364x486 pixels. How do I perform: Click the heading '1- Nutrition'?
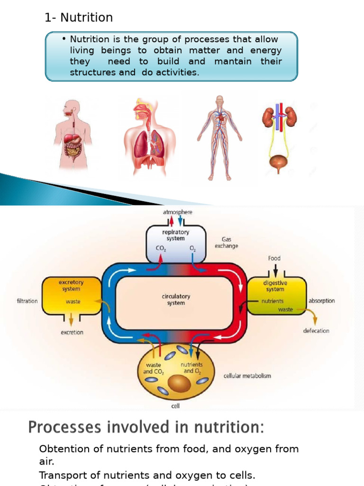point(78,18)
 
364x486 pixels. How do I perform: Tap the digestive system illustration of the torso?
point(72,135)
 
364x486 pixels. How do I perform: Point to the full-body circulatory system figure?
point(219,138)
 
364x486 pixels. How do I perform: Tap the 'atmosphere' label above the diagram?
point(177,212)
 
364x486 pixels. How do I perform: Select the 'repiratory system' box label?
point(176,235)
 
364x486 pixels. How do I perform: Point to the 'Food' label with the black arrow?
point(274,258)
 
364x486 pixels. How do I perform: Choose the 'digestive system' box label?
point(275,285)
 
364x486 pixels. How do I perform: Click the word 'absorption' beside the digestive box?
point(321,300)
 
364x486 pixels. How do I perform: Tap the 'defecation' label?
point(316,331)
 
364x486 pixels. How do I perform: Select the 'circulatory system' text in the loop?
point(176,299)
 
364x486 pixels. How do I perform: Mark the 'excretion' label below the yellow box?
point(72,332)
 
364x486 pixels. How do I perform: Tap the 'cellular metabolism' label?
point(247,375)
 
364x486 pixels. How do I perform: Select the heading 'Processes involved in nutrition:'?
point(146,428)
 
